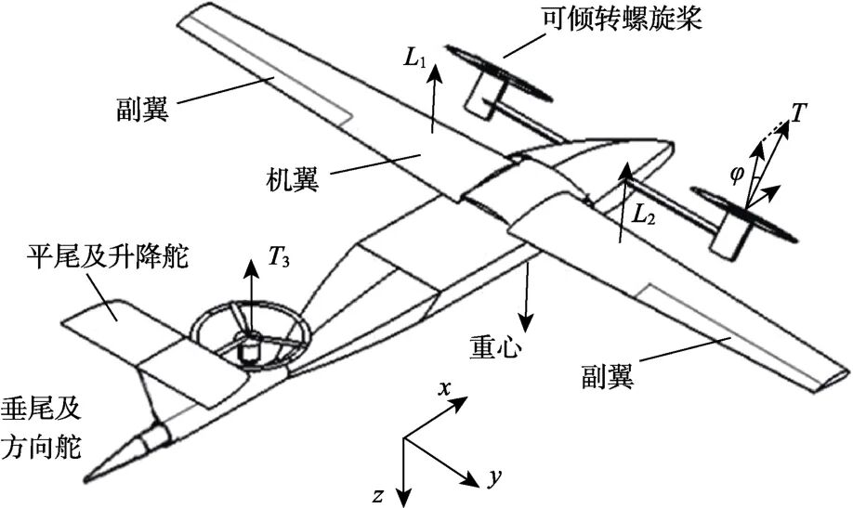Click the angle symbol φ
(738, 173)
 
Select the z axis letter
(378, 495)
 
